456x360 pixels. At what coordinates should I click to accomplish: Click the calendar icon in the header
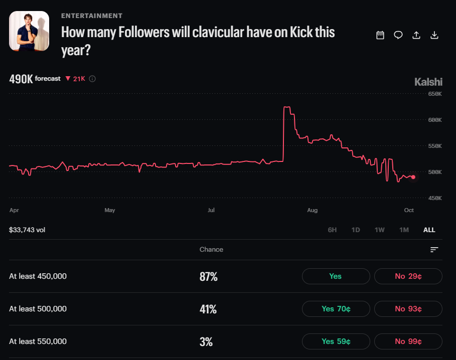[380, 35]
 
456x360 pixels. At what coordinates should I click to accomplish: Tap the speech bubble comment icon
[398, 35]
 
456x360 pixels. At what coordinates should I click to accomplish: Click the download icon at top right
[434, 35]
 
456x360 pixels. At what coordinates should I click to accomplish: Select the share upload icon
[416, 35]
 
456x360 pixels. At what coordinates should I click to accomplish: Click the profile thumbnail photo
[29, 31]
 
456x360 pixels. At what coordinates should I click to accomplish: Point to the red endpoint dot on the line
[413, 177]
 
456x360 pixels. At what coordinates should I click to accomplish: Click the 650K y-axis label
[435, 94]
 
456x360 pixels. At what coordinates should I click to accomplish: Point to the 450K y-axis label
[435, 198]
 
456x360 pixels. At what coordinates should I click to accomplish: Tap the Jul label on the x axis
[211, 210]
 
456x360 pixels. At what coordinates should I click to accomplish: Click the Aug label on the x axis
[313, 210]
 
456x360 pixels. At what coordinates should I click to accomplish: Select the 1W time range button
[380, 230]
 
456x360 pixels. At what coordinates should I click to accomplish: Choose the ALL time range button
[429, 230]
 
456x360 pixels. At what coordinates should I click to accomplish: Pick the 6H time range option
[332, 230]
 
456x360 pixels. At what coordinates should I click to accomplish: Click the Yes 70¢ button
[336, 309]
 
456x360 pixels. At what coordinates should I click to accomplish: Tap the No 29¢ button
[408, 276]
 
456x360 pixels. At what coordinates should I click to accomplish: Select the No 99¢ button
[408, 341]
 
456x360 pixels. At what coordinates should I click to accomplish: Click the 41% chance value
[208, 309]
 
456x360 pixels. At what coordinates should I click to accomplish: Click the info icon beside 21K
[92, 79]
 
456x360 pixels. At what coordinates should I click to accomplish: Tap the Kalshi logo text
[428, 82]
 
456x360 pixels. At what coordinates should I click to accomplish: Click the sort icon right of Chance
[434, 250]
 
